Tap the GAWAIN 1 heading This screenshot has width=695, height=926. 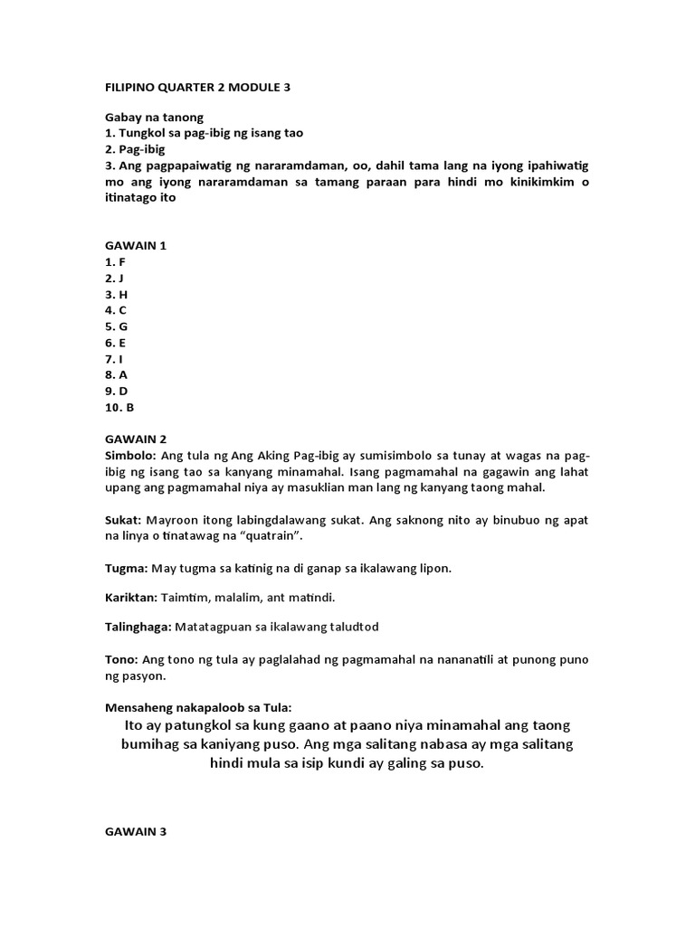coord(135,245)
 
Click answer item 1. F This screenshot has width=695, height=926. coord(115,261)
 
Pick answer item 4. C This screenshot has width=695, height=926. coord(116,310)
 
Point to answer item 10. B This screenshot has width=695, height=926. coord(119,407)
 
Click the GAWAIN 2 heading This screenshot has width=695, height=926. coord(135,439)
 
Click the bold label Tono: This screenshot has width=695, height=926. coord(122,659)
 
